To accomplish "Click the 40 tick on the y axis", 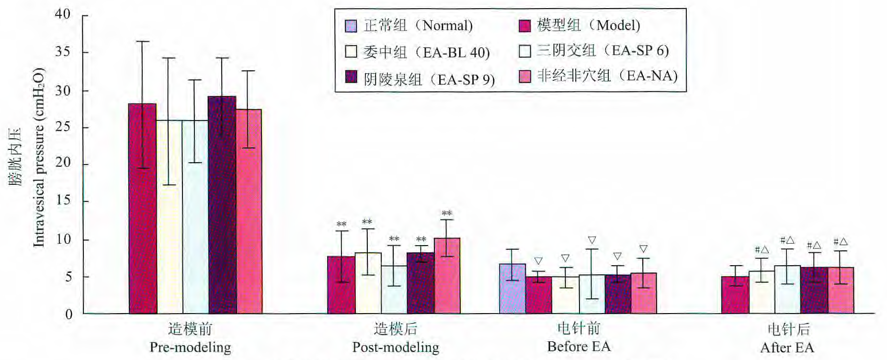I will click(62, 14).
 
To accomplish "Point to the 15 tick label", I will click(62, 201).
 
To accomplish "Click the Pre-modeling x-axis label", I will click(190, 347).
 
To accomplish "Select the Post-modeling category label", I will click(396, 347).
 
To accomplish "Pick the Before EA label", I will click(579, 346).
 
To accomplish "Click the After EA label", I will click(787, 347).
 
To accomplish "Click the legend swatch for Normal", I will click(351, 26).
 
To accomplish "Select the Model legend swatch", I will click(525, 26).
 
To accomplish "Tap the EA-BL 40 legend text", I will click(426, 52).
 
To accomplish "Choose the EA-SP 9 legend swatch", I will click(351, 77).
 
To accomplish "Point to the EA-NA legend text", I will click(607, 76).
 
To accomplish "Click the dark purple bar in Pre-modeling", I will click(222, 206).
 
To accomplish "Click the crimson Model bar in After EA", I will click(735, 295).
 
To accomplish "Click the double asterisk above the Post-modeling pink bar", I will click(447, 214).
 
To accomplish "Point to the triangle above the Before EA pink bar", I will click(643, 249).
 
